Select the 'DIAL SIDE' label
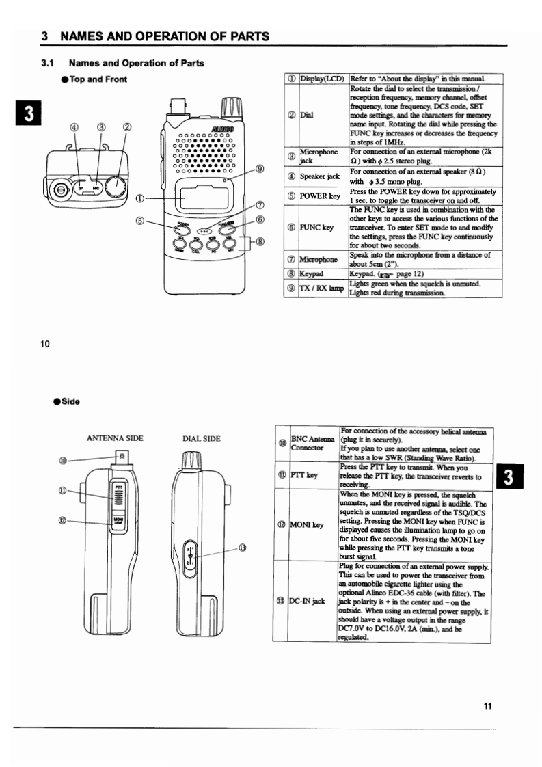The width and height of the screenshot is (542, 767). tap(201, 438)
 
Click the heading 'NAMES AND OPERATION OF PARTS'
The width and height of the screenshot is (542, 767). tap(165, 36)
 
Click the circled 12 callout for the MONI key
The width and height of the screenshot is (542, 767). tap(63, 520)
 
